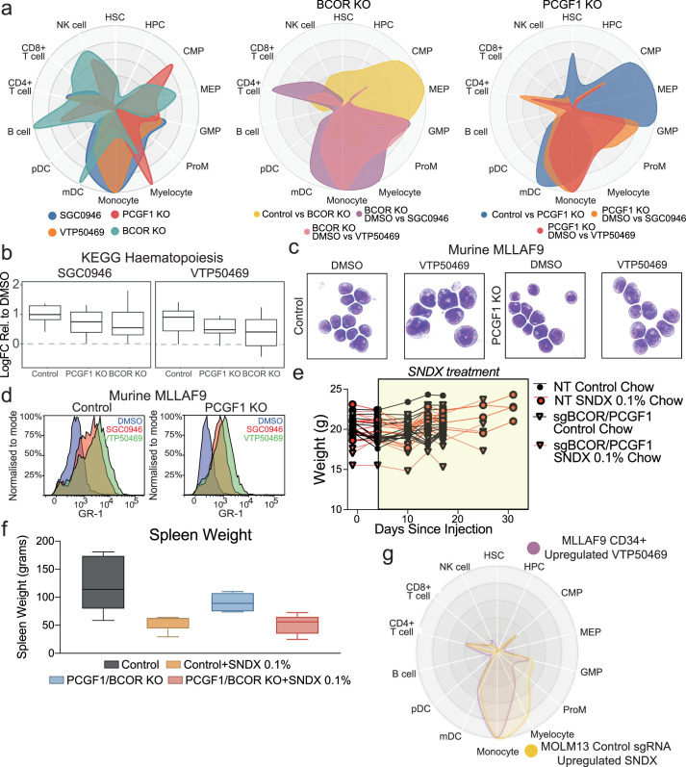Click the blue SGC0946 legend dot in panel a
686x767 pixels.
point(53,216)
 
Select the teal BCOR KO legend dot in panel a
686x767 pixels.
point(114,231)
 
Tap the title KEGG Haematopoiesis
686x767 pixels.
point(152,258)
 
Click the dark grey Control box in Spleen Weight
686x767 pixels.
point(103,582)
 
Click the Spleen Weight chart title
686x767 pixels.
point(200,535)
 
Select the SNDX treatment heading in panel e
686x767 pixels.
point(454,371)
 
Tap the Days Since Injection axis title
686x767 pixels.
point(433,528)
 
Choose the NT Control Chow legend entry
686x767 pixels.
point(603,387)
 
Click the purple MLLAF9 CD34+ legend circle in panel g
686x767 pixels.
point(533,549)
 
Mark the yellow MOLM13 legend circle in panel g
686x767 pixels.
point(531,751)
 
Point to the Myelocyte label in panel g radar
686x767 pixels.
point(552,734)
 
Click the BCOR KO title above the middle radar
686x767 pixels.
point(343,5)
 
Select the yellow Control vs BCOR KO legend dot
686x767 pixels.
point(256,215)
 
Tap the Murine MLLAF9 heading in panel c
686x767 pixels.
point(495,250)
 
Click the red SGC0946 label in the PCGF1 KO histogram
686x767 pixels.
point(265,429)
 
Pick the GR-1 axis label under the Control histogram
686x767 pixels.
point(90,514)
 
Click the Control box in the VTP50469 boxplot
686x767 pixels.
point(178,320)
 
